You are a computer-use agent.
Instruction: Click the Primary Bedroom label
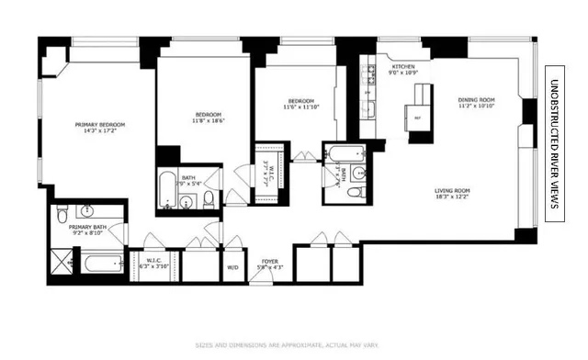[x=101, y=124]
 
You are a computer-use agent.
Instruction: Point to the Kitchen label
[x=404, y=67]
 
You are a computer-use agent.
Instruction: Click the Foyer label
[x=270, y=261]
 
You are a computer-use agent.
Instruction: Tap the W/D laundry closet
[x=233, y=267]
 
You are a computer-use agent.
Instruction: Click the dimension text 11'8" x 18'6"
[x=208, y=120]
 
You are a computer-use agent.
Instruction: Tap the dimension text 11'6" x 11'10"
[x=301, y=107]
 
